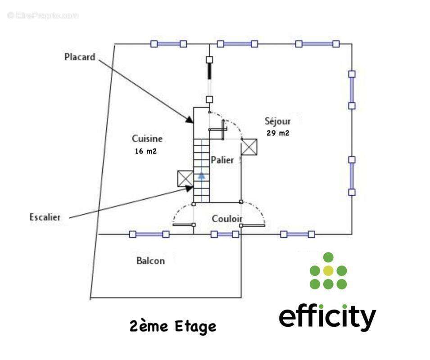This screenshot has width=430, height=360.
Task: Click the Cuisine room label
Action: click(147, 139)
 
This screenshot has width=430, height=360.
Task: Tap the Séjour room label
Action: click(277, 121)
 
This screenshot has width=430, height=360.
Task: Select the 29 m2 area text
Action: click(278, 133)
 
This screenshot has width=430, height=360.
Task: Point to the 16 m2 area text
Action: click(145, 152)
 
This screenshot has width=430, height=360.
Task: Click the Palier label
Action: click(222, 160)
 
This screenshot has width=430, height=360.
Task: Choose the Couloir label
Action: click(227, 219)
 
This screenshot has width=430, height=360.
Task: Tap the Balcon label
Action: click(150, 261)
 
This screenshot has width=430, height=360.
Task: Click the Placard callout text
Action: click(80, 57)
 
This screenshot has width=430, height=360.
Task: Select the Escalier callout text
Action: click(45, 217)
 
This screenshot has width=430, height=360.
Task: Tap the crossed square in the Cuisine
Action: click(185, 179)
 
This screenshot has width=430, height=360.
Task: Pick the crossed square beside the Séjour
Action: click(249, 147)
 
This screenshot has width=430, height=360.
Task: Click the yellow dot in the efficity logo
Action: click(328, 270)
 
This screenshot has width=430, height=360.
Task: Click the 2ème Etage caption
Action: click(173, 326)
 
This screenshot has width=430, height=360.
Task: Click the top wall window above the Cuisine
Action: click(168, 44)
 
